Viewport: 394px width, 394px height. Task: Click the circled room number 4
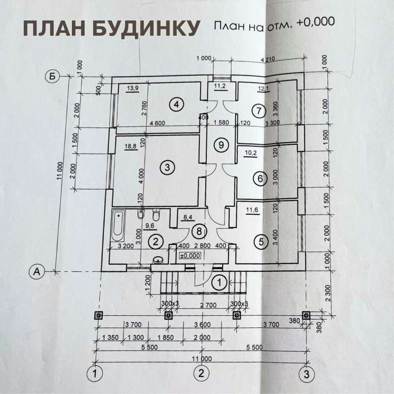click(x=175, y=104)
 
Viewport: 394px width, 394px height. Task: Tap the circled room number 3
click(x=167, y=167)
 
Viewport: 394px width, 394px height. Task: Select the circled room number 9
click(x=222, y=145)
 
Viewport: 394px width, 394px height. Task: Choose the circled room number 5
click(x=262, y=241)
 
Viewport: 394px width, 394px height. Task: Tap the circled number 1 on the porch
click(x=219, y=282)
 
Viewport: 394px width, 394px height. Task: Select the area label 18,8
click(x=131, y=147)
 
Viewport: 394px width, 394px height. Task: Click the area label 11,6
click(x=252, y=210)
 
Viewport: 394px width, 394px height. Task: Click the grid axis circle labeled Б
click(x=51, y=76)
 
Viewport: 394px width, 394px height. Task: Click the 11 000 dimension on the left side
click(x=60, y=173)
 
